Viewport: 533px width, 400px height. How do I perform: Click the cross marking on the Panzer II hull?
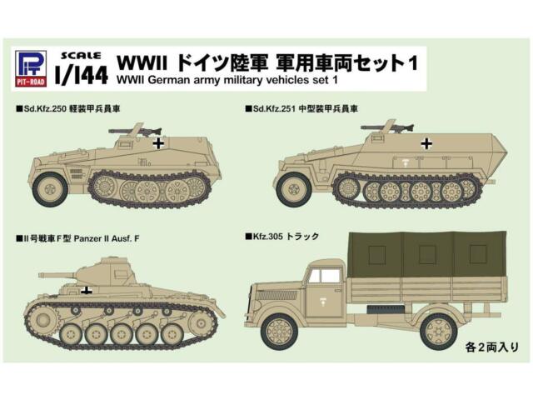(86, 290)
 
